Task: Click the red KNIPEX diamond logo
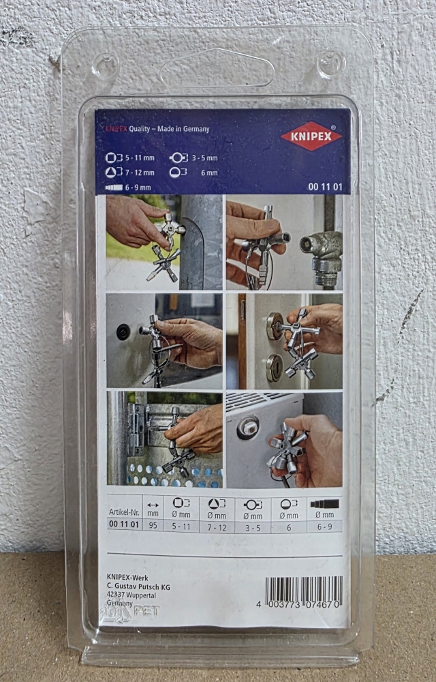click(x=311, y=136)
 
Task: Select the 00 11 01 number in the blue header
click(x=325, y=188)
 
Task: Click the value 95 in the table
click(x=153, y=524)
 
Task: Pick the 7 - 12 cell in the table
click(x=217, y=527)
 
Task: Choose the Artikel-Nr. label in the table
click(x=123, y=514)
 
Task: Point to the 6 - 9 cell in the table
click(x=324, y=527)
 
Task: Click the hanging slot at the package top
click(x=217, y=68)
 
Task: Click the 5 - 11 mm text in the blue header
click(x=140, y=158)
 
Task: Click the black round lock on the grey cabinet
click(x=123, y=332)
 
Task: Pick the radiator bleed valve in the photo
click(x=248, y=428)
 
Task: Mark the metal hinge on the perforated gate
click(x=138, y=429)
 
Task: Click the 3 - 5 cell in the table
click(x=253, y=527)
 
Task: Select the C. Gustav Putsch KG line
click(x=138, y=587)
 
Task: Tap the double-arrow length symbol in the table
click(x=153, y=505)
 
